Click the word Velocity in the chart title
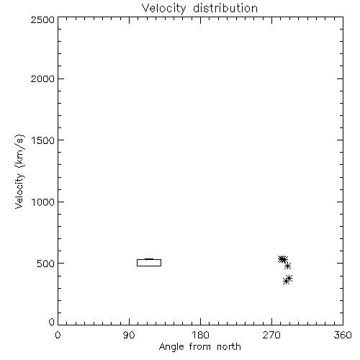tap(163, 9)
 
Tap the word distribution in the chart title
tap(225, 8)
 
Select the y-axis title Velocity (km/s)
tap(19, 172)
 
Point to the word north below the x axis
tap(229, 347)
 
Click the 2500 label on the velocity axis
tap(42, 19)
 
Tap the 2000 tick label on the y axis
tap(42, 78)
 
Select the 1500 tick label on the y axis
tap(43, 140)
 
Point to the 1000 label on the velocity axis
tap(43, 202)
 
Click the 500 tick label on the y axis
tap(46, 264)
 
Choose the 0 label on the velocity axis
tap(52, 322)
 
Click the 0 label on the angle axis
tap(58, 335)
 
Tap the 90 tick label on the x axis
tap(129, 335)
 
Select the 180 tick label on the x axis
tap(200, 335)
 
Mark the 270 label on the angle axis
tap(271, 335)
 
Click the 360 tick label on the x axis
tap(343, 335)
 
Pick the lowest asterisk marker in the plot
tap(286, 281)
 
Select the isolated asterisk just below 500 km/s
tap(287, 266)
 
